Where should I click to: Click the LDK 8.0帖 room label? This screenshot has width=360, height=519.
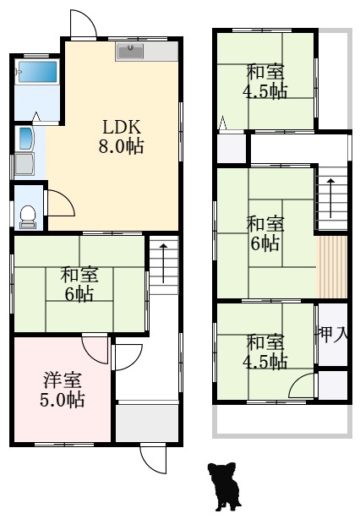[123, 136]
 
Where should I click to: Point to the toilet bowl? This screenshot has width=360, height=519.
[28, 217]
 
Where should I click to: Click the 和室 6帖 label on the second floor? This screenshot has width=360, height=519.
[265, 233]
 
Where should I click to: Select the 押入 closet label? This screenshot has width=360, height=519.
[333, 334]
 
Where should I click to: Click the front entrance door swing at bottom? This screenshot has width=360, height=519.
[153, 457]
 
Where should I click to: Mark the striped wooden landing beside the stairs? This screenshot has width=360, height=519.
[333, 266]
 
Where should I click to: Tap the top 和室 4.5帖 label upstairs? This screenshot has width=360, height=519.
[265, 81]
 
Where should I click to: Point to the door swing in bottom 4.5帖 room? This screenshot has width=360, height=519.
[302, 387]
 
